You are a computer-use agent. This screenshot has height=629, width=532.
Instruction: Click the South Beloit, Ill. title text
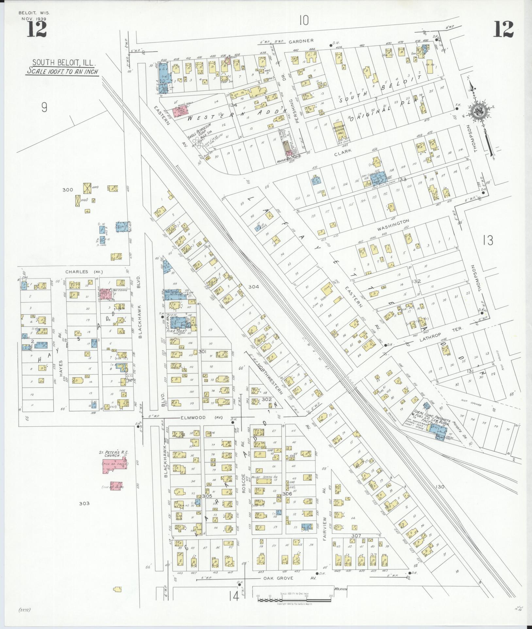(x=62, y=62)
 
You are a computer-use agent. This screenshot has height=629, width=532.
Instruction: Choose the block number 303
(x=84, y=503)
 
